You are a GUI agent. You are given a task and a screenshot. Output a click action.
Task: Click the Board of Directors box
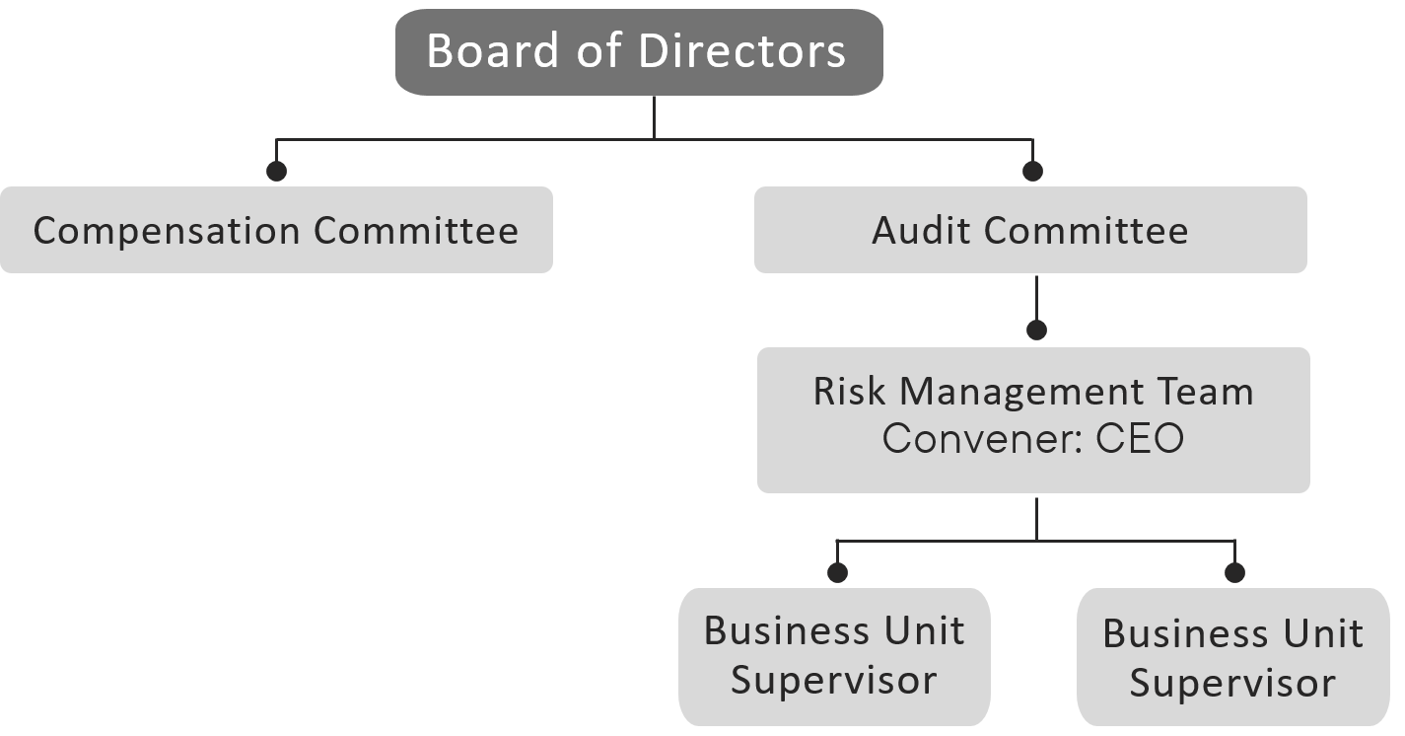pyautogui.click(x=638, y=52)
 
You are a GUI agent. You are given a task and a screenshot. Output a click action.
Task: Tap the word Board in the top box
pyautogui.click(x=490, y=51)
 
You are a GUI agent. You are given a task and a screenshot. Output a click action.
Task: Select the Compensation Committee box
pyautogui.click(x=276, y=230)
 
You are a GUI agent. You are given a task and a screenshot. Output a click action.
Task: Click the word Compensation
pyautogui.click(x=166, y=231)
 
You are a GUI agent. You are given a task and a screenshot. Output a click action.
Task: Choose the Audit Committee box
pyautogui.click(x=1030, y=230)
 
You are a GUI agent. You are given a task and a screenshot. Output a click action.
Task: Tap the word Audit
pyautogui.click(x=921, y=231)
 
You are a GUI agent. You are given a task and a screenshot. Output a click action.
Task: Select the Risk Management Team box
pyautogui.click(x=1033, y=419)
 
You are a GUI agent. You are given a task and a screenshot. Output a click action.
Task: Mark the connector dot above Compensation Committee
pyautogui.click(x=276, y=172)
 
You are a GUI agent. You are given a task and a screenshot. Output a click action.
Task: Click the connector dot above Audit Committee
pyautogui.click(x=1032, y=172)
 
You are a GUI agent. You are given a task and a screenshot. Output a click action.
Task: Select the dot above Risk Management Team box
pyautogui.click(x=1035, y=331)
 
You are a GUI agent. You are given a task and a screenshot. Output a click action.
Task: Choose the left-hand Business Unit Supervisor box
pyautogui.click(x=834, y=656)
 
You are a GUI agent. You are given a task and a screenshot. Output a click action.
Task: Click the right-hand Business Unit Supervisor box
pyautogui.click(x=1232, y=658)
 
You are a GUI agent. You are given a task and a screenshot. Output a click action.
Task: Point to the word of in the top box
pyautogui.click(x=592, y=51)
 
